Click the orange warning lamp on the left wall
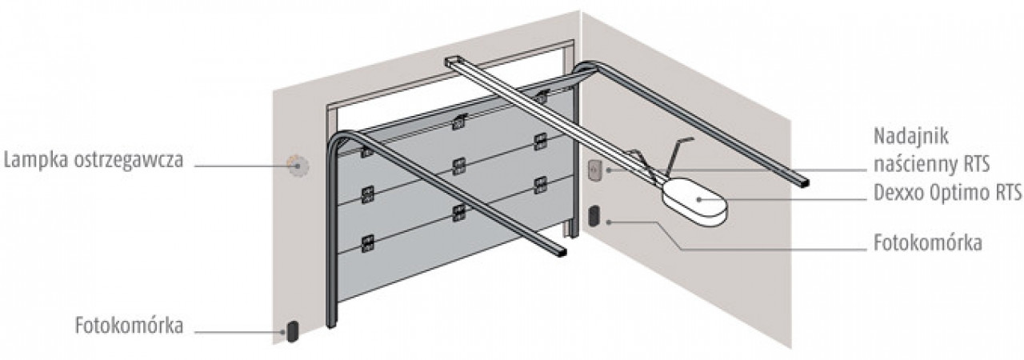tap(298, 166)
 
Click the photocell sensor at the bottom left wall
tap(292, 331)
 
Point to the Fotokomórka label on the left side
tap(130, 326)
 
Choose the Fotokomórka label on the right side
tap(928, 242)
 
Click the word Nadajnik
tap(911, 136)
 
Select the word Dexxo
tap(901, 193)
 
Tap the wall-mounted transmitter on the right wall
tap(594, 171)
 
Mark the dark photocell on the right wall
tap(594, 216)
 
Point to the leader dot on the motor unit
tap(698, 199)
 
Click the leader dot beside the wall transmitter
tap(609, 170)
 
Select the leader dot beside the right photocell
tap(609, 222)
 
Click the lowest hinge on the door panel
tap(367, 244)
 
